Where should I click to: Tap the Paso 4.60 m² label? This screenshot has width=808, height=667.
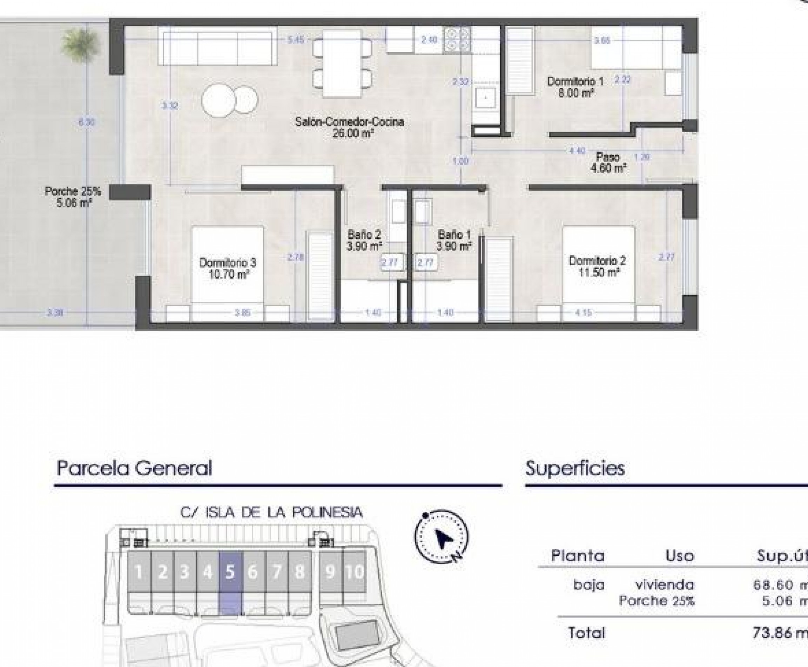coord(608,163)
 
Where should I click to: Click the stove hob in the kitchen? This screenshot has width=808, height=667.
coord(457,40)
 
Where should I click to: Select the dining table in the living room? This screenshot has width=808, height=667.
coord(342,64)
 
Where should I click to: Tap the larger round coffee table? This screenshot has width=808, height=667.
coord(218,100)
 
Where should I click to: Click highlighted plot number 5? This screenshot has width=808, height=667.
coord(230,572)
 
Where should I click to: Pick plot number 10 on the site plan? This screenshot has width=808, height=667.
coord(355,572)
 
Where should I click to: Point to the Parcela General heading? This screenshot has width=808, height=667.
coord(134,468)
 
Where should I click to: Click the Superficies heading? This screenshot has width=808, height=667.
coord(575,468)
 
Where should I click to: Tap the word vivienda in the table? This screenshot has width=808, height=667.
coord(665,585)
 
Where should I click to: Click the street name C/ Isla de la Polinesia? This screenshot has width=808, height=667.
coord(271,513)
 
